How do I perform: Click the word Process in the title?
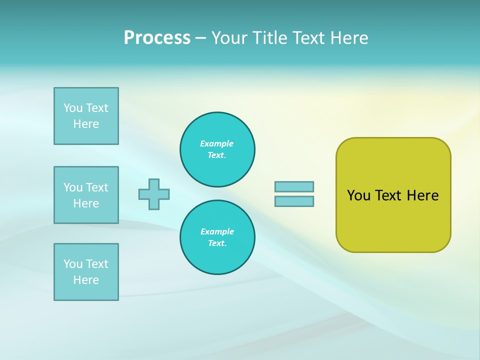tap(157, 38)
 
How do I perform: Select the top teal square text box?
tap(86, 116)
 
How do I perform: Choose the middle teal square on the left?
tap(86, 195)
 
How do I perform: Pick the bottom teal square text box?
tap(86, 272)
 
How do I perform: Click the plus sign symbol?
tap(154, 194)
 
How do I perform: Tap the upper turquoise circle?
tap(217, 149)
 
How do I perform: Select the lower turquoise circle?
tap(217, 237)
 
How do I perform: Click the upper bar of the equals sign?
tap(294, 186)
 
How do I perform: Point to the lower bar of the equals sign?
tap(294, 201)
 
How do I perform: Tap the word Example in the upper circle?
tap(216, 143)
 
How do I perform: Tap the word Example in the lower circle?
tap(216, 231)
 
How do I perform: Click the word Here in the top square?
tap(86, 124)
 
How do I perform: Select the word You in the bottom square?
tap(73, 264)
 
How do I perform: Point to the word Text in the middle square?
tap(97, 187)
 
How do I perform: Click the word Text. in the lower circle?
tap(217, 243)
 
